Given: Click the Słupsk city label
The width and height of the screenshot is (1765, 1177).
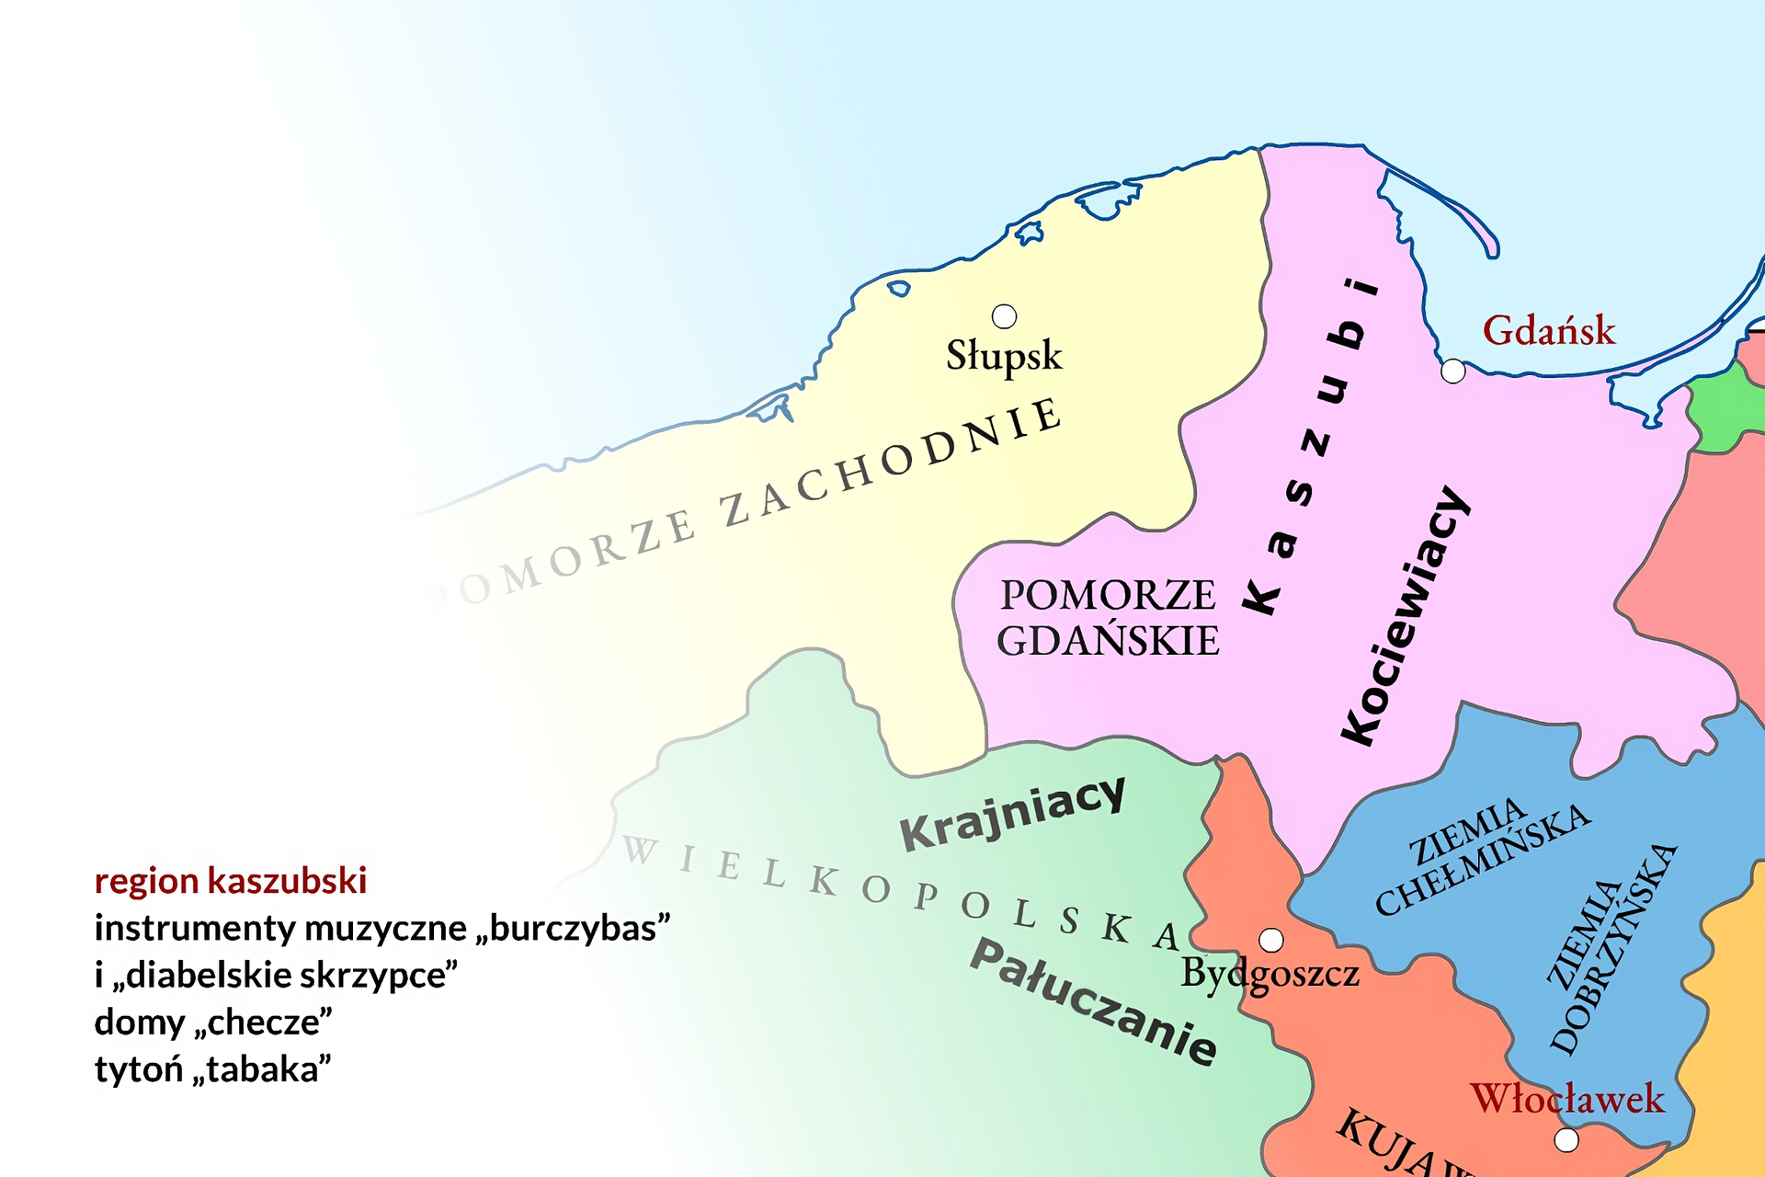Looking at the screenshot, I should [x=1004, y=356].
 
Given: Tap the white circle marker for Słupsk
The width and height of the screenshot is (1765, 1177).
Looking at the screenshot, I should [x=1004, y=316].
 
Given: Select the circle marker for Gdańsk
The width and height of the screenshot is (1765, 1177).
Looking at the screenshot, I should [x=1452, y=371].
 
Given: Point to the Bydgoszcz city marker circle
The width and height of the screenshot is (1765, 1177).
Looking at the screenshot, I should [x=1271, y=940].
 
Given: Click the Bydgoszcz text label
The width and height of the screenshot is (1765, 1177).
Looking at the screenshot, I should [x=1270, y=974].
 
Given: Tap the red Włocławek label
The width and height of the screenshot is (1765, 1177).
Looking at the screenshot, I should [x=1567, y=1099].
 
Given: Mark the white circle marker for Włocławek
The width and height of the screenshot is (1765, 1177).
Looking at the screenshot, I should [x=1566, y=1140].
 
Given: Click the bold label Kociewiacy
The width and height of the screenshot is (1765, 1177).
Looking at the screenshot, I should [x=1405, y=616].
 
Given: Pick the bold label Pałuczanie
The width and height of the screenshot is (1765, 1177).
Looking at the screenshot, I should [x=1094, y=1002].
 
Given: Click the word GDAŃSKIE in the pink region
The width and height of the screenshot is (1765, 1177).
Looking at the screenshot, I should [x=1108, y=641].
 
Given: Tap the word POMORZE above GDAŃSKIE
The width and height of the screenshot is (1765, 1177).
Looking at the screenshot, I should [x=1108, y=595].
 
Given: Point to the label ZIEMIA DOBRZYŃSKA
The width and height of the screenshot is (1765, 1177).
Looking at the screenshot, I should [x=1611, y=947].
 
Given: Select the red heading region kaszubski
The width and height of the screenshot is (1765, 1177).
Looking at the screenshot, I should [x=231, y=881].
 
